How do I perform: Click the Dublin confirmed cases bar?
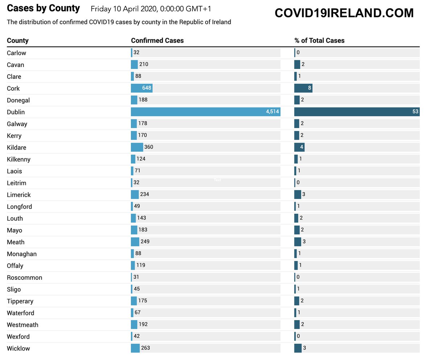click(205, 112)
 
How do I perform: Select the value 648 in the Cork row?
click(147, 88)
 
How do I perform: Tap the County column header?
click(18, 41)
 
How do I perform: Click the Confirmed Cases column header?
click(157, 41)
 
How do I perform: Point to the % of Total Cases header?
click(319, 41)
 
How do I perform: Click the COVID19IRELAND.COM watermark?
click(344, 13)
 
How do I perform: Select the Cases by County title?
click(43, 8)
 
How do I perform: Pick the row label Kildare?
click(16, 148)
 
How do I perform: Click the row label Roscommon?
click(24, 278)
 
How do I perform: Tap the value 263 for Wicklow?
click(145, 348)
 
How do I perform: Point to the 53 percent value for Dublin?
click(415, 112)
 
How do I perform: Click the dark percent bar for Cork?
click(303, 88)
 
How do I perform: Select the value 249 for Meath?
click(145, 242)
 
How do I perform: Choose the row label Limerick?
click(19, 195)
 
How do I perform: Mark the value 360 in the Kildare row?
click(149, 147)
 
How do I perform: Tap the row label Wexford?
click(18, 337)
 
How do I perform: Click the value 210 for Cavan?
click(144, 65)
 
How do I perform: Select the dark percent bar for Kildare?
click(299, 147)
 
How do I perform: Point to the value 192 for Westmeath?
click(143, 324)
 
